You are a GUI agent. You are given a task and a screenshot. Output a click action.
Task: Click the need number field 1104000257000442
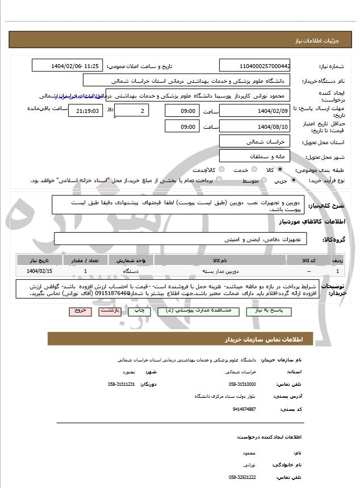tap(255, 66)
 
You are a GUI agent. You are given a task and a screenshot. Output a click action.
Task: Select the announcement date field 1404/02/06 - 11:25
tap(68, 66)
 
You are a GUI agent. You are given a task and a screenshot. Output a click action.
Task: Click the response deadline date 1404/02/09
tap(255, 111)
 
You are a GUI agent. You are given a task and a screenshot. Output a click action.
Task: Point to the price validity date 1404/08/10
tap(255, 126)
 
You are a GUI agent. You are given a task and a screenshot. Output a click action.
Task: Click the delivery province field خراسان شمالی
tap(255, 141)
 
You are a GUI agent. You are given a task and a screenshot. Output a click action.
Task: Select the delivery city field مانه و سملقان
tap(255, 155)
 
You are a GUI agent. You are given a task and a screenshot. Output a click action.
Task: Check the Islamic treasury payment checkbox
tap(219, 180)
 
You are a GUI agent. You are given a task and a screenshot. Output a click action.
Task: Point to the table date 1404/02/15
tap(39, 272)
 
